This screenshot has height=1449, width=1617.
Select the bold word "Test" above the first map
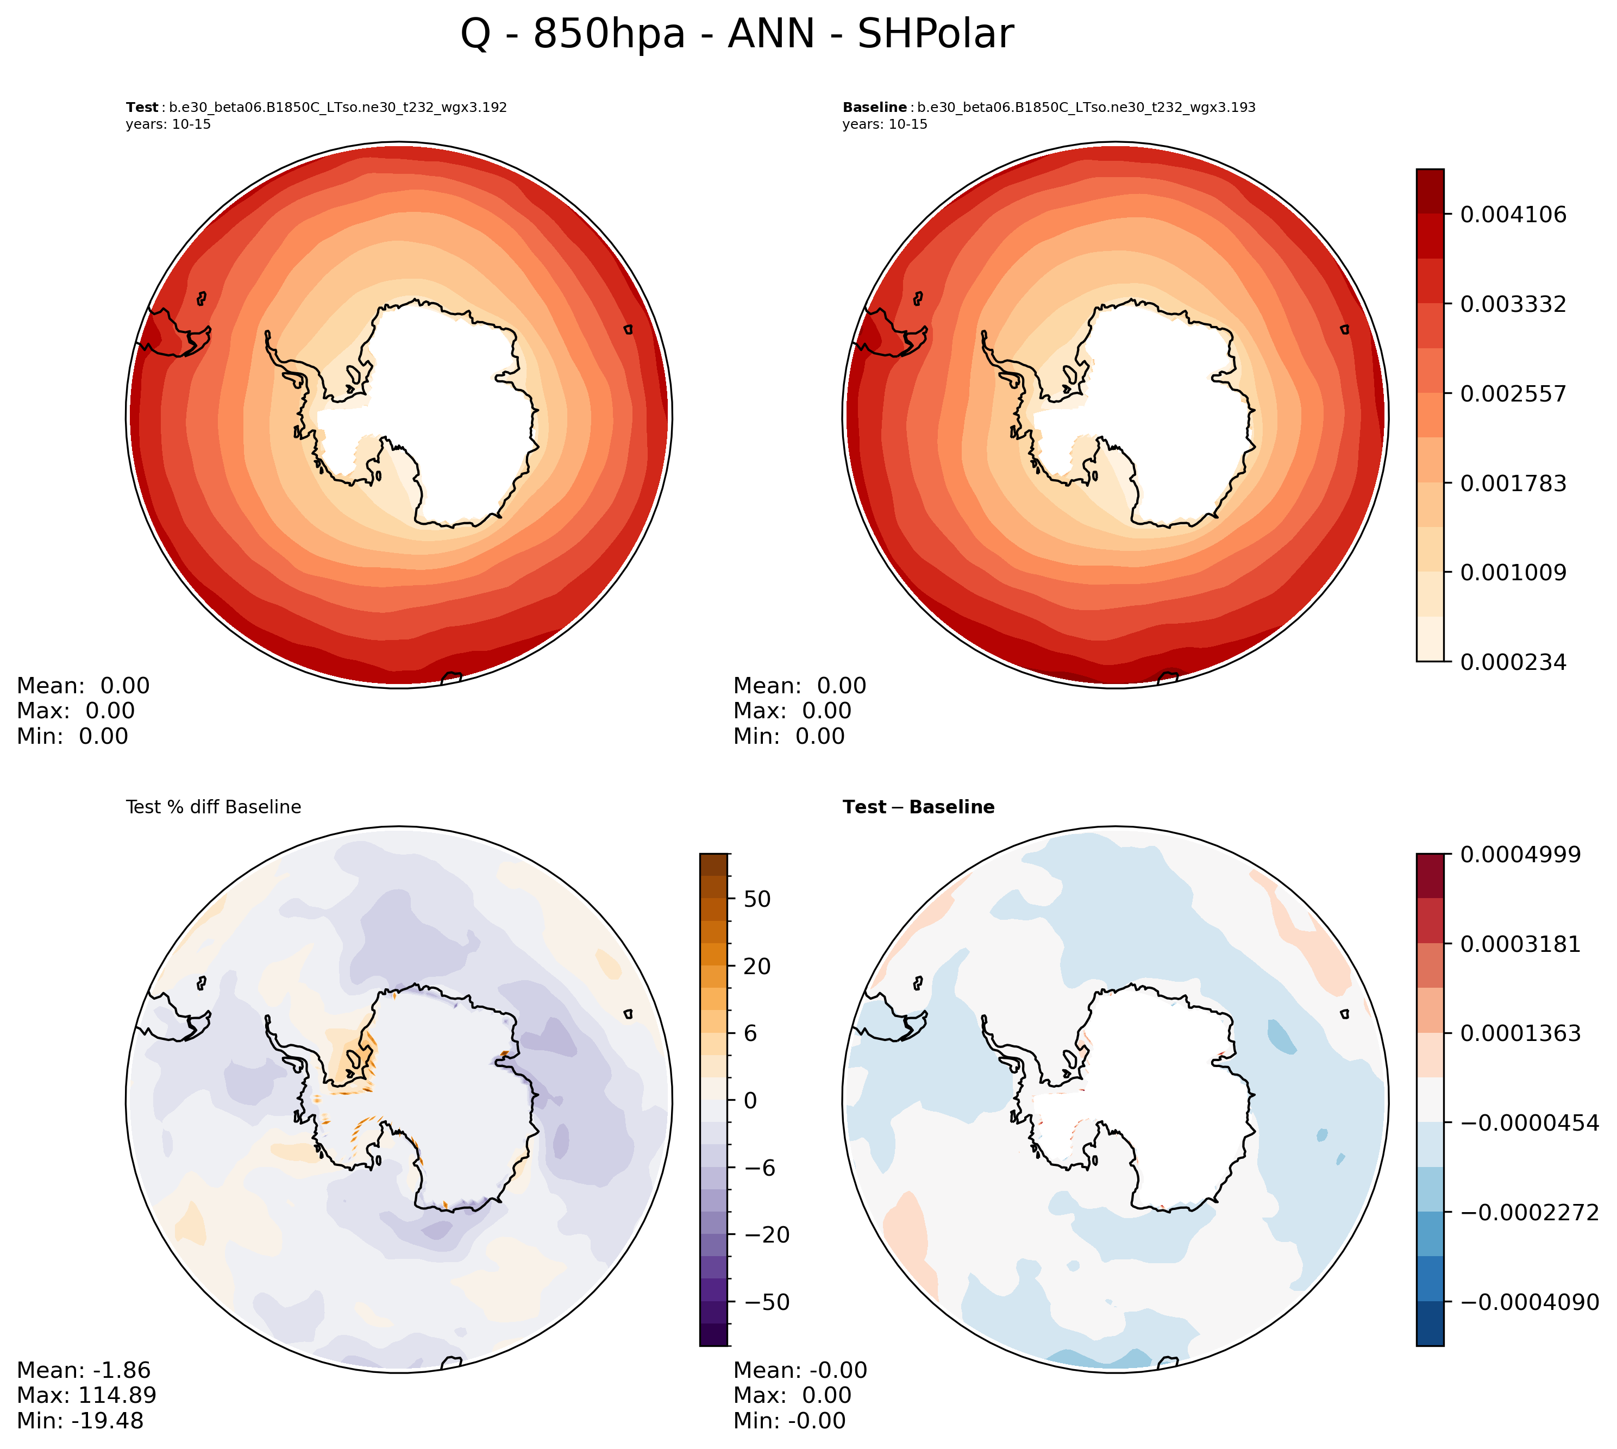(x=142, y=108)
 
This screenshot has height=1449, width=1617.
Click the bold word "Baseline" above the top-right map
(x=874, y=108)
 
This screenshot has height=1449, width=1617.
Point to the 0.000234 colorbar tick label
(x=1512, y=662)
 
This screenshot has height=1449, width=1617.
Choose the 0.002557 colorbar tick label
(x=1512, y=394)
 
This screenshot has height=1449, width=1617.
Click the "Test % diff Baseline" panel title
(x=214, y=807)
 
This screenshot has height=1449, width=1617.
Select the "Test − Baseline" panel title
(x=918, y=807)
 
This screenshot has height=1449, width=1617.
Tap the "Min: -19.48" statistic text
(x=80, y=1421)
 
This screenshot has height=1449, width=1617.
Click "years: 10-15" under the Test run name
(x=168, y=124)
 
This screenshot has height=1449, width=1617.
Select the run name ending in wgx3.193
(x=1086, y=108)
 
